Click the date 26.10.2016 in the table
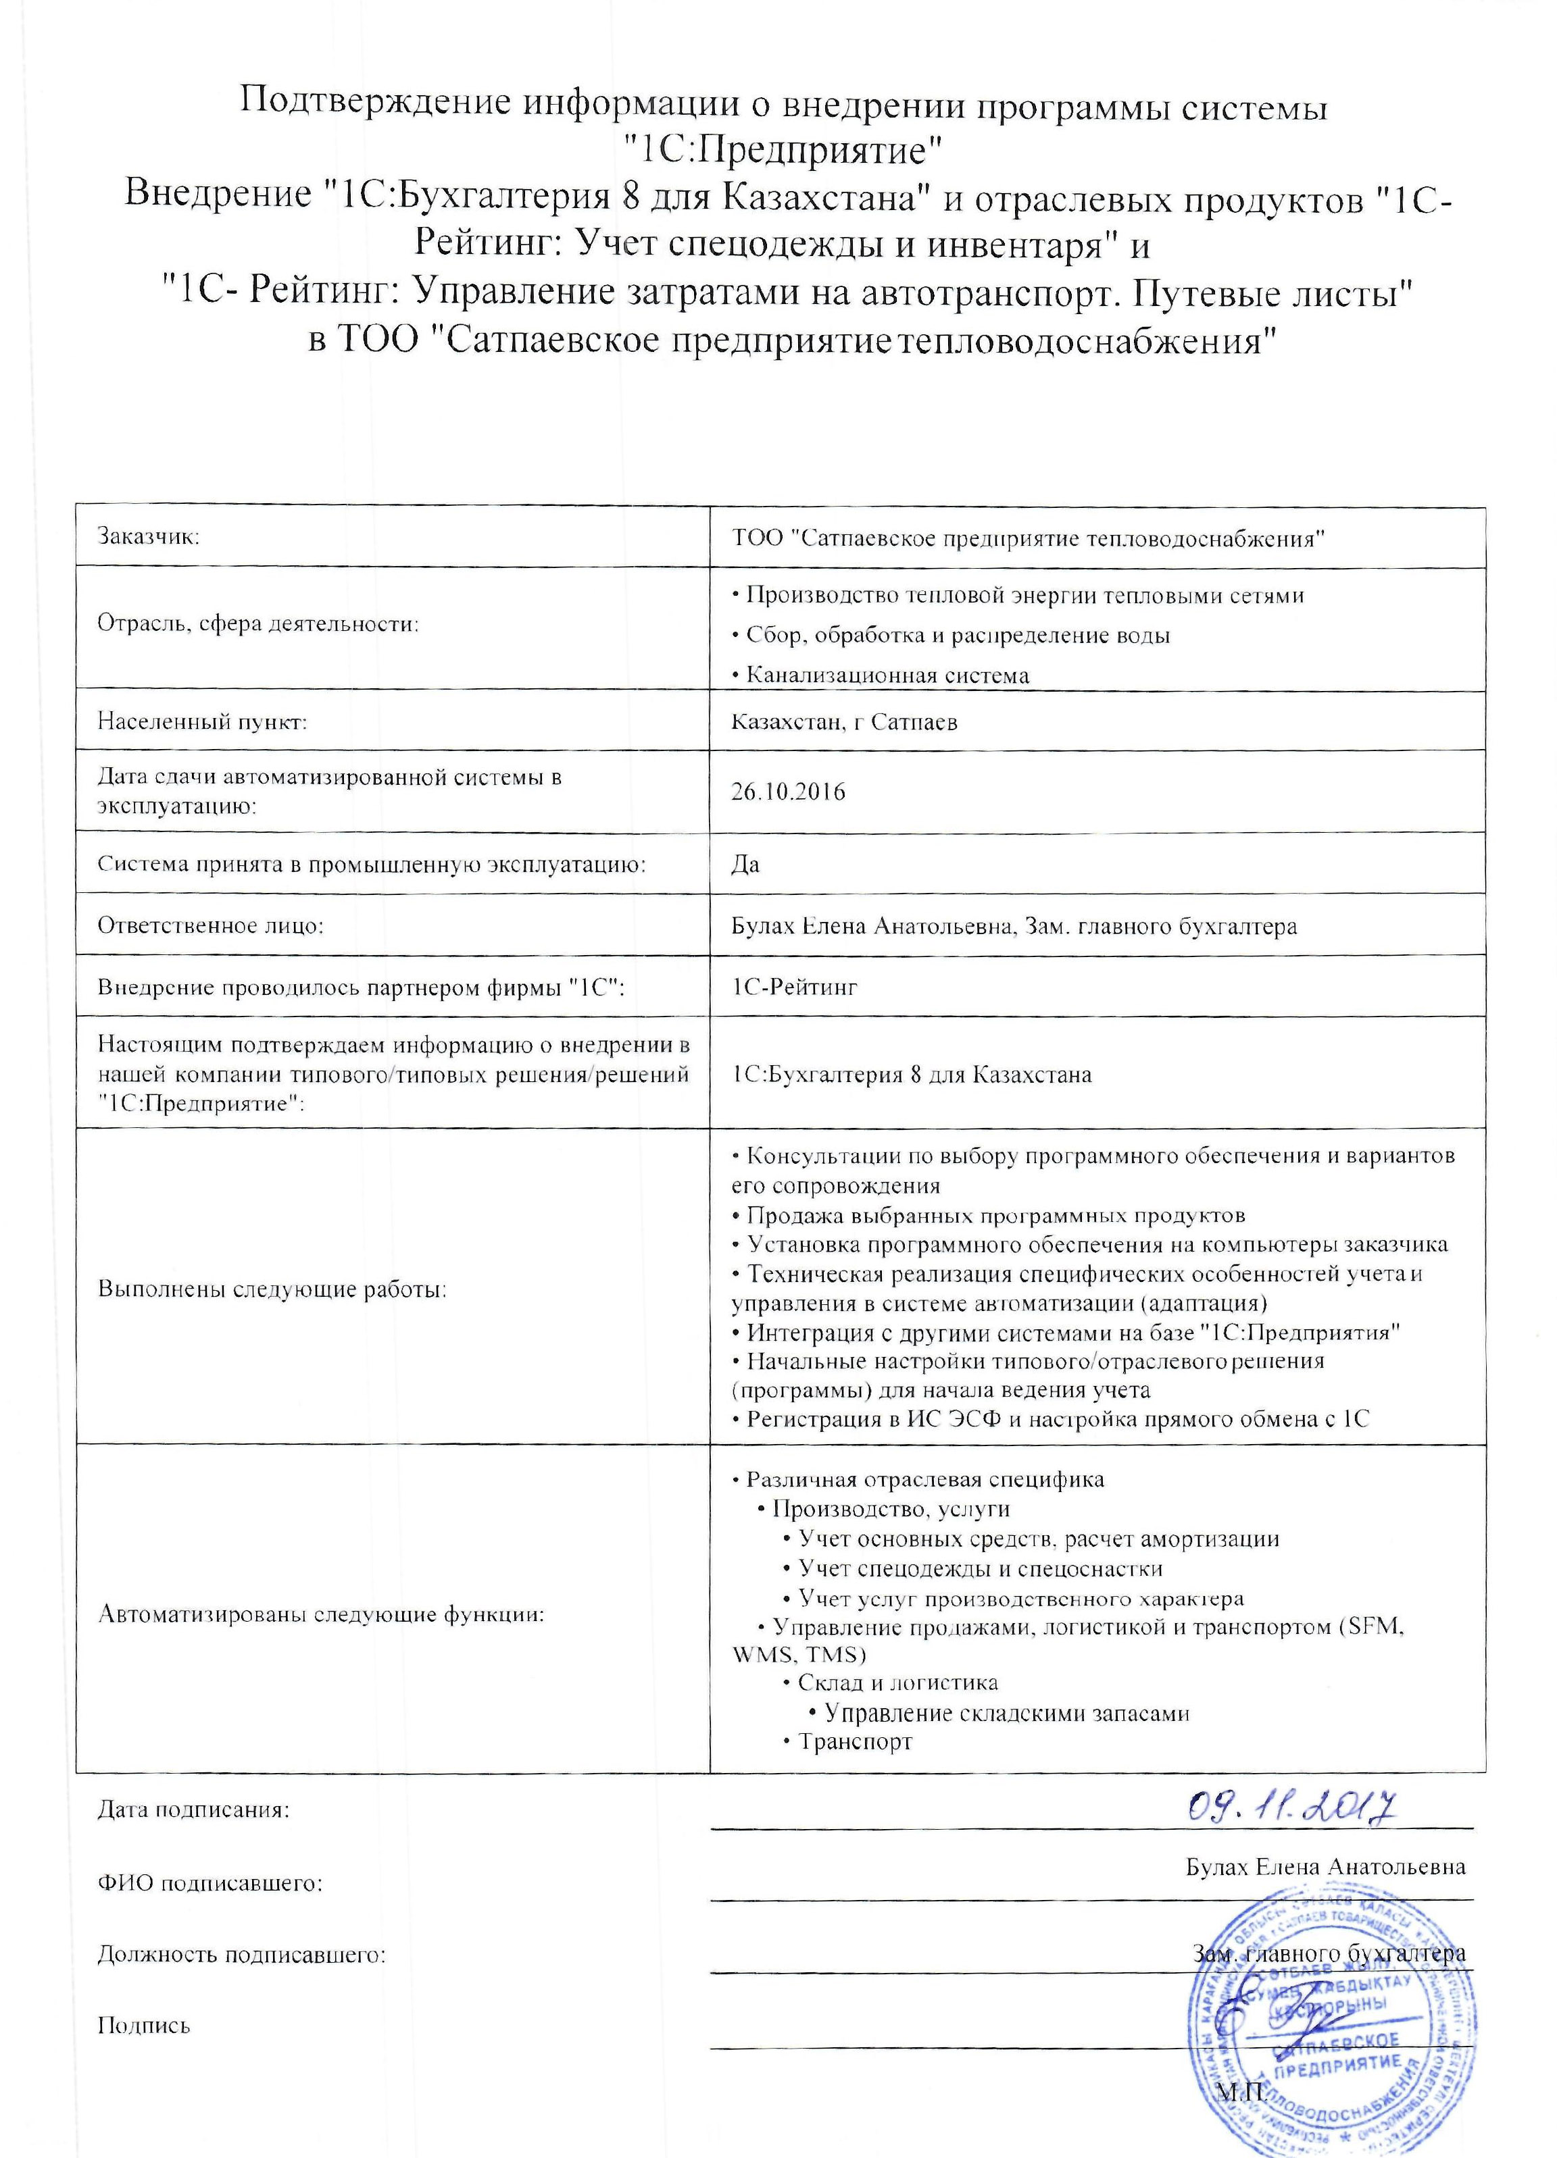[788, 791]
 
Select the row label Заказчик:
[149, 537]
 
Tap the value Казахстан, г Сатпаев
[844, 721]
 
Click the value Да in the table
[745, 864]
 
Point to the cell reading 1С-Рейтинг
[795, 987]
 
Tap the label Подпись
[144, 2025]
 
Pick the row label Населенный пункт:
[202, 721]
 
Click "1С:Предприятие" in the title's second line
[781, 149]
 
